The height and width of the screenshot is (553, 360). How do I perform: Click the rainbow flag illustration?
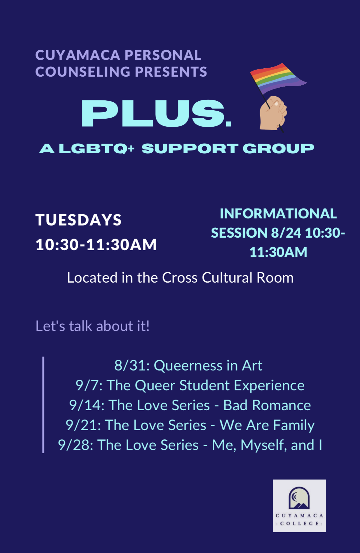coord(278,79)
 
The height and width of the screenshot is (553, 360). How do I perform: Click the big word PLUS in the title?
coord(156,113)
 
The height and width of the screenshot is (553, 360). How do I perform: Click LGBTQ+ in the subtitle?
coord(97,149)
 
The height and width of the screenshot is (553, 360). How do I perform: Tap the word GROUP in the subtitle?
coord(279,149)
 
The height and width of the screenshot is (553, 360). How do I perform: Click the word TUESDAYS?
coord(78,220)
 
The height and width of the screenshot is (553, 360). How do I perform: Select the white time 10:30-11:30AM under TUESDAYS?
coord(96,245)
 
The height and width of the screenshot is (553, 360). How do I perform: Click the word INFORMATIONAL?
coord(278,214)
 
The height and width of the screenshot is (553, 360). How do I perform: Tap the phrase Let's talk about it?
coord(92,326)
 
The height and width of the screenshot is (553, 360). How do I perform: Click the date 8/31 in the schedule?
coord(132,366)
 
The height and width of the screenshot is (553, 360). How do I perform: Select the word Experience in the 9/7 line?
coord(269,386)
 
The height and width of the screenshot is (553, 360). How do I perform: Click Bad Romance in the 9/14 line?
coord(267,405)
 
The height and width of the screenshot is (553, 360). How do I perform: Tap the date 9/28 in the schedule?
coord(75,445)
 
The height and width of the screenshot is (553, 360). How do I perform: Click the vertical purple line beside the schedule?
coord(43,405)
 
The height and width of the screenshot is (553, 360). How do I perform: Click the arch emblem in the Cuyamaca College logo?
coord(299,498)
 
